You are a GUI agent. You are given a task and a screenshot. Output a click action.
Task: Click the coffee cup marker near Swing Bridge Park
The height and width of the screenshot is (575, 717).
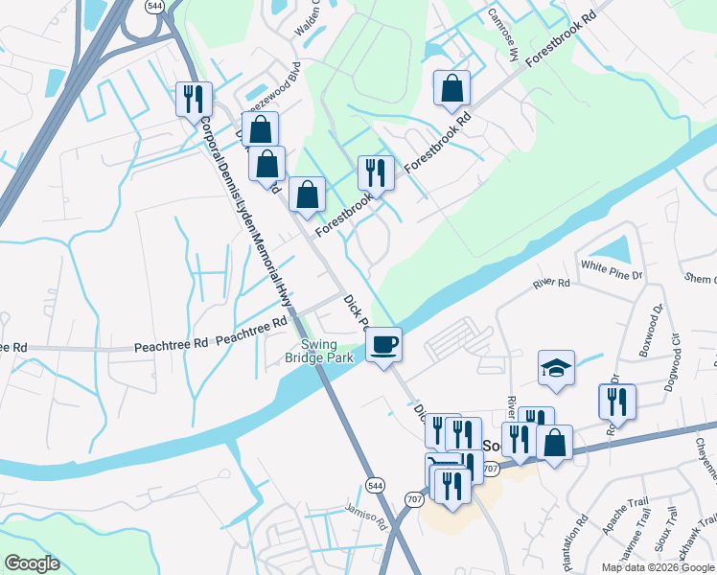[384, 344]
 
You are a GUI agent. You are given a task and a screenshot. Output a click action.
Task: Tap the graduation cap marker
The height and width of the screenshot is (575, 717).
[556, 368]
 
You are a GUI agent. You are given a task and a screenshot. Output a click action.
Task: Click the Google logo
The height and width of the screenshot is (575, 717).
[32, 563]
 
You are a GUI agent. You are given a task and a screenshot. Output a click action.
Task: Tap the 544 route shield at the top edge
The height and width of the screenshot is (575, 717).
[154, 6]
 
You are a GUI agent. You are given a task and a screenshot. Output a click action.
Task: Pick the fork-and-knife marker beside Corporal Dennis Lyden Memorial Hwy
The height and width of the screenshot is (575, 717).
[194, 98]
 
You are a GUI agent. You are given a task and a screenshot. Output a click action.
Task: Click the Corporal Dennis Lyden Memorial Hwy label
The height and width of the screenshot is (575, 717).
[244, 213]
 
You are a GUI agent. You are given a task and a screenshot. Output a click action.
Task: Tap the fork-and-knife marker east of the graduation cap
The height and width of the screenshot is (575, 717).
[616, 402]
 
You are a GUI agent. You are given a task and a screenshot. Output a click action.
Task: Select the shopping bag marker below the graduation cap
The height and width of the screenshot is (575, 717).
[554, 443]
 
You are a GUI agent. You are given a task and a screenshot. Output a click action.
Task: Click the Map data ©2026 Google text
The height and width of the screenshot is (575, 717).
[658, 567]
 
